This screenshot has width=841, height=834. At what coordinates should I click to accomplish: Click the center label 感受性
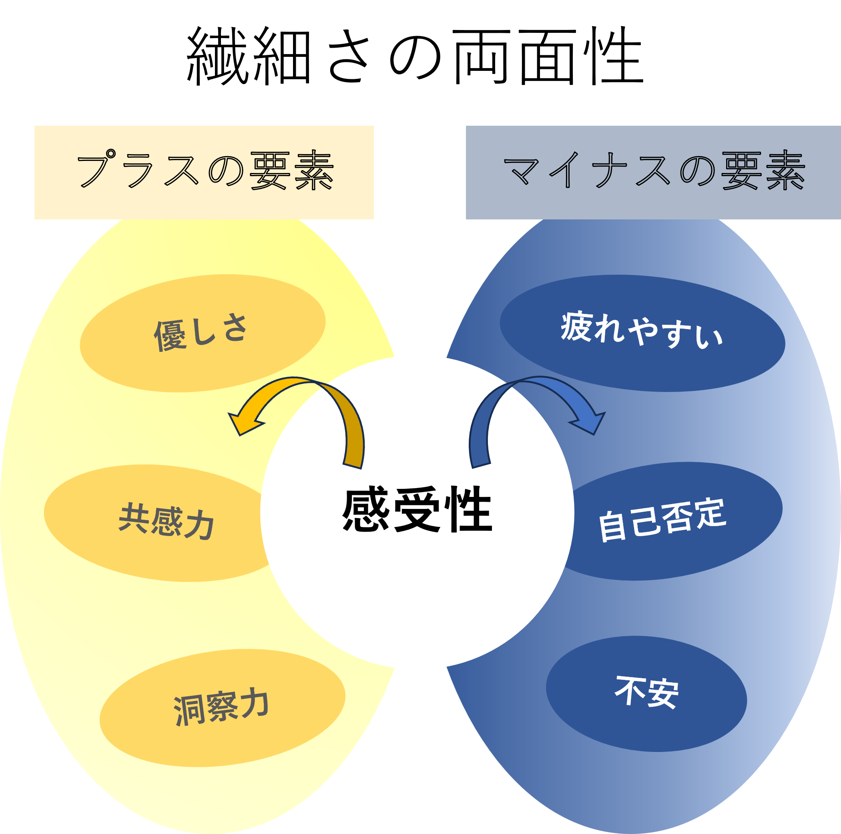[417, 510]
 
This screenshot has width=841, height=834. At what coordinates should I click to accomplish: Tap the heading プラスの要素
[205, 171]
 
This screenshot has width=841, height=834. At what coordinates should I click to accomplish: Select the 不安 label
[646, 692]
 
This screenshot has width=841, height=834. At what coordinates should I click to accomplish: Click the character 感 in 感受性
[365, 510]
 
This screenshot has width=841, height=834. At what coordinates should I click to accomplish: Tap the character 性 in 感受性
[470, 510]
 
